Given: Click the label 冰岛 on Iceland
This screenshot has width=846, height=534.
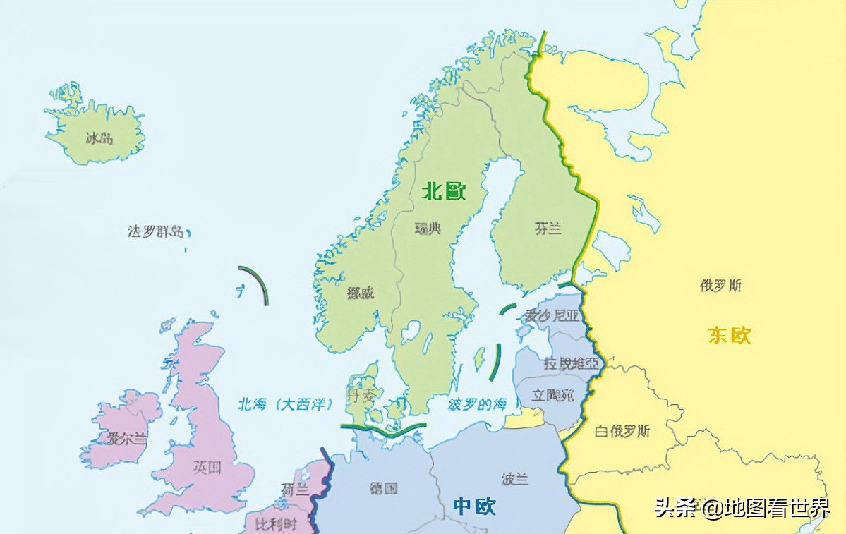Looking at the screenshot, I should coord(99,138).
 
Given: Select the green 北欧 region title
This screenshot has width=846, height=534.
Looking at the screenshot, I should coord(445,191).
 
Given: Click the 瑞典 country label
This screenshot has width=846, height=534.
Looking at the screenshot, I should coord(428,229).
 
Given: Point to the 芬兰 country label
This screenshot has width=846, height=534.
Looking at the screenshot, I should coord(548,229).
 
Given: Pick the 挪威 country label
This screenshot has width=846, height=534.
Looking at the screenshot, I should coord(361,293).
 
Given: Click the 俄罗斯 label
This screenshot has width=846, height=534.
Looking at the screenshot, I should coord(720,286).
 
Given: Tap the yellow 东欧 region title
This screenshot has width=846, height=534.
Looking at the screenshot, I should coord(730,335).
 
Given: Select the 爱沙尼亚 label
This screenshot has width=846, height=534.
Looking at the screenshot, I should coord(551,315).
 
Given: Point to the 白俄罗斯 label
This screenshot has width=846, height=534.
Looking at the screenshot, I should coord(622,431).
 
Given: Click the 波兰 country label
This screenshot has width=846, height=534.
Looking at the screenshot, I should coord(515,479).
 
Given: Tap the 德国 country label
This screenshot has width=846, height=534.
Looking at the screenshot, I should coord(384,488).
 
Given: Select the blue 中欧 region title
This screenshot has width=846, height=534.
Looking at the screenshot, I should coord(474,506).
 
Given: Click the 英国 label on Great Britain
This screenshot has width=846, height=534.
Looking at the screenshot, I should coord(207,467).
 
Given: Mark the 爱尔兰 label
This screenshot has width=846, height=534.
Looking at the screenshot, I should coord(127,439).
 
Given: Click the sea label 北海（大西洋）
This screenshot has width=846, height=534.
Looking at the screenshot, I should coord(284,404).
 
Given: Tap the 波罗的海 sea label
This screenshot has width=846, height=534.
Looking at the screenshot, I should coord(478,405).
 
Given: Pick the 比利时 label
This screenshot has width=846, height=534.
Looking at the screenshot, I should coord(276,525).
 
